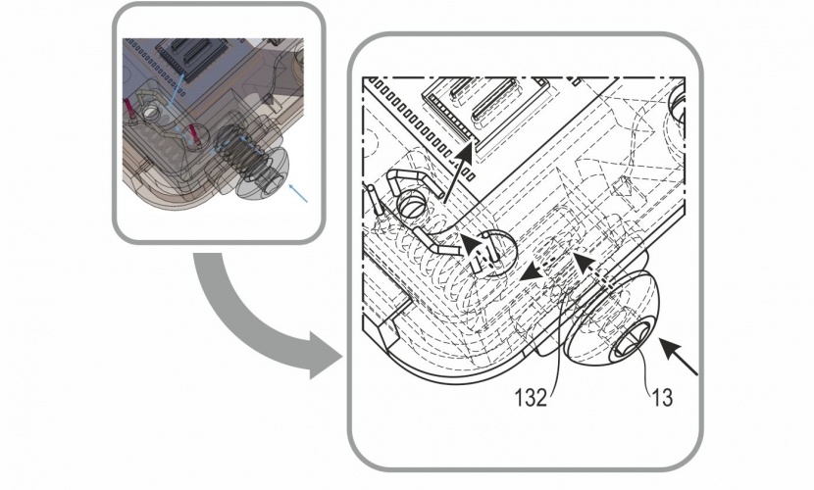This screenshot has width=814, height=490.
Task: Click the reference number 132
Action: point(531,398)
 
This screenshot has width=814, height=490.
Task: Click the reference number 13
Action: point(662,398)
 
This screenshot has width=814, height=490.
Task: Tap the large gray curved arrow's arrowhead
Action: point(325,356)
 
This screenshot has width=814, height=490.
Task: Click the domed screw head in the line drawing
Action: point(613,318)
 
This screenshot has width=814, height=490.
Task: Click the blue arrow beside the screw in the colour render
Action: point(299,192)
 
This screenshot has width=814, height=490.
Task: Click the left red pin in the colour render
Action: point(129,109)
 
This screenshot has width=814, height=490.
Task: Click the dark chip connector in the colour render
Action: point(191,58)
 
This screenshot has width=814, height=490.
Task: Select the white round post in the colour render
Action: point(152,111)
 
